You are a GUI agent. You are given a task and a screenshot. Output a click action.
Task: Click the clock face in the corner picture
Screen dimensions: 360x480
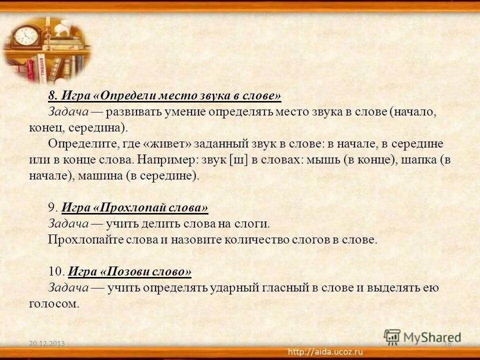tap(26, 36)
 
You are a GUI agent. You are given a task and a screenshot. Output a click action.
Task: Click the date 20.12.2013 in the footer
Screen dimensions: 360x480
tap(47, 344)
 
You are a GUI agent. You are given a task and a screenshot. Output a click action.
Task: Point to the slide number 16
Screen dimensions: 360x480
tap(447, 343)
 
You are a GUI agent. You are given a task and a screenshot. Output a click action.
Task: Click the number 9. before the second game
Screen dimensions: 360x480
tap(53, 207)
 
